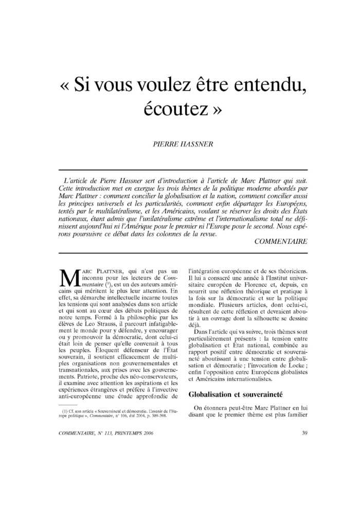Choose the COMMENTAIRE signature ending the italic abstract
(x=280, y=241)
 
